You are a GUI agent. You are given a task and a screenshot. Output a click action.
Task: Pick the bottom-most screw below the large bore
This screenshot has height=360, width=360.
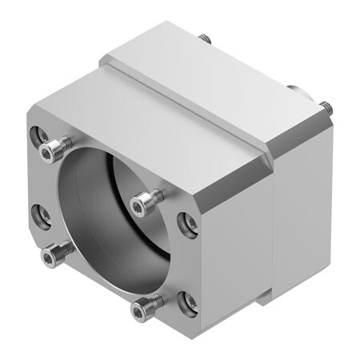click(x=146, y=306)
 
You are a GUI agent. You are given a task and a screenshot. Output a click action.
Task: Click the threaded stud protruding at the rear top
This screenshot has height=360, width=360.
click(x=205, y=38)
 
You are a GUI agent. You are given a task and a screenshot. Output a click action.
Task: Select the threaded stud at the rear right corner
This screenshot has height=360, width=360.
click(x=325, y=105)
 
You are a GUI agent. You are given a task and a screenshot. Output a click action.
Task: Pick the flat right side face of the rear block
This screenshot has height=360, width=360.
click(x=304, y=208)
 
